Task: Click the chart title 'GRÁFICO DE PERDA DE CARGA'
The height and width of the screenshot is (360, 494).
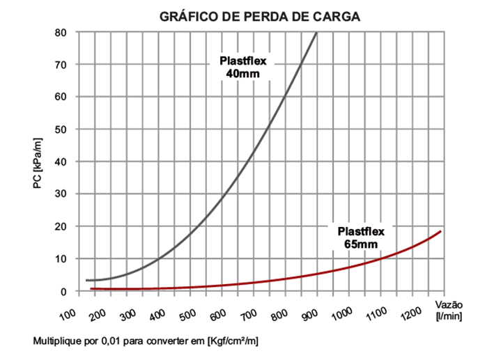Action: click(259, 17)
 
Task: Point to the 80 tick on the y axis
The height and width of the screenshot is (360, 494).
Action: click(61, 32)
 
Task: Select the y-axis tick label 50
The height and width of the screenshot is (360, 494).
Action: click(61, 129)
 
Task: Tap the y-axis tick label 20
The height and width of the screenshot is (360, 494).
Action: click(61, 226)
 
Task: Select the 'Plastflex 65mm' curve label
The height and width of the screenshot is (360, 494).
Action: click(360, 237)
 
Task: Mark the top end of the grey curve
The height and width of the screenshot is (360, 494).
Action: click(317, 33)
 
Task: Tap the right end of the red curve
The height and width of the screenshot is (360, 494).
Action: click(441, 231)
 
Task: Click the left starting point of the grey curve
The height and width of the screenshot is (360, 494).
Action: click(86, 280)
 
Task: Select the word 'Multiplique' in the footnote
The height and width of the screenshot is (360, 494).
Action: click(52, 342)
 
